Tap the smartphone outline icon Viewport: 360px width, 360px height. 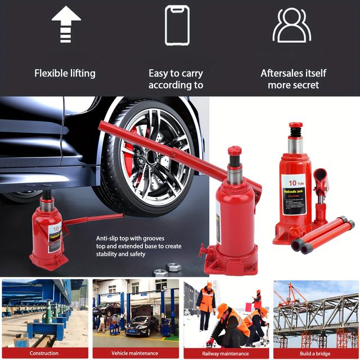point(177,25)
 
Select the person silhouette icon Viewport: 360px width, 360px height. point(291,25)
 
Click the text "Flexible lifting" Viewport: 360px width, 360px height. point(65,73)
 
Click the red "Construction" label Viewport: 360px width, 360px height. point(44,353)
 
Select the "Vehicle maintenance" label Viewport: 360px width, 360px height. point(135,353)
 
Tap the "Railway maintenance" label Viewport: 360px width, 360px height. point(225,353)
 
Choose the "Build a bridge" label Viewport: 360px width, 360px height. point(316,353)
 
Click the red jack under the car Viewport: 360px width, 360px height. point(49,236)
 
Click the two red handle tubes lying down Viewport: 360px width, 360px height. point(322,236)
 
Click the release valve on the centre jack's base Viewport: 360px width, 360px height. point(204,250)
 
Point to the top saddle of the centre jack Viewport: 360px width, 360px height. point(235,151)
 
